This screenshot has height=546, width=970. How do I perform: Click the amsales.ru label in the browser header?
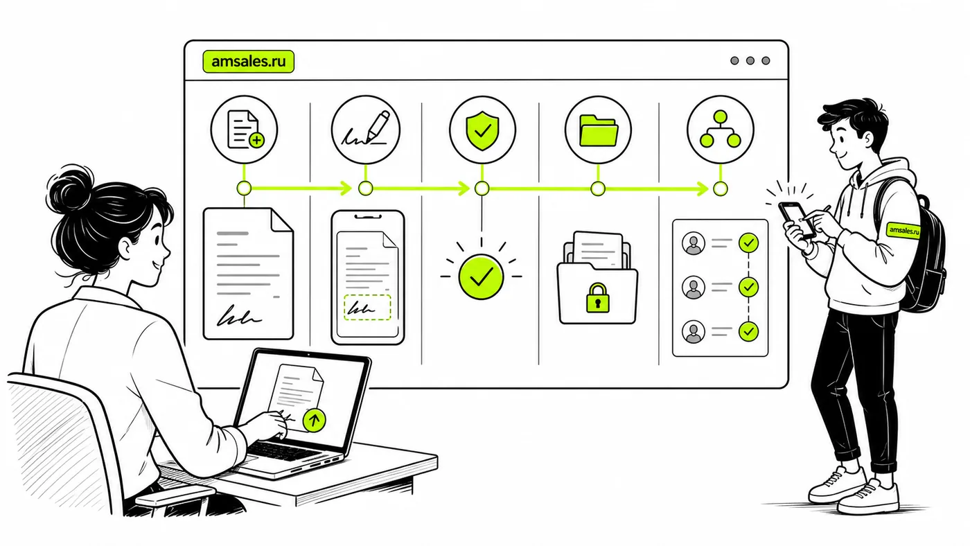249,62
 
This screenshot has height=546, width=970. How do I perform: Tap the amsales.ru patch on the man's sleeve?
903,230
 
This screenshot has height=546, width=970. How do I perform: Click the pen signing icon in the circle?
366,128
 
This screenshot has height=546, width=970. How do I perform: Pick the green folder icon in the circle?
599,130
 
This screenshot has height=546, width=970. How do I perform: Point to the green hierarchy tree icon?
720,129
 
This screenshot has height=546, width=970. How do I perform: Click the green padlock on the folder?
597,297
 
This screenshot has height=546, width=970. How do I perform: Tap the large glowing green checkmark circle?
481,276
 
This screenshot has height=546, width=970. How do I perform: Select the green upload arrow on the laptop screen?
314,420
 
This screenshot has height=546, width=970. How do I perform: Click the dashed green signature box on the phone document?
367,308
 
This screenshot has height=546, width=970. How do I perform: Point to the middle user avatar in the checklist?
694,288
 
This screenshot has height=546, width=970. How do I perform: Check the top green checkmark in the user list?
748,243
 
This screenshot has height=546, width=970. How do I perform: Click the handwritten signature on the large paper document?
239,316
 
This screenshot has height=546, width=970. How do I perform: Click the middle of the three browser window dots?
750,60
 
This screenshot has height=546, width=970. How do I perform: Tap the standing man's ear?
866,141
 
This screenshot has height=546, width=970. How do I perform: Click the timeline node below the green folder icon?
598,188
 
